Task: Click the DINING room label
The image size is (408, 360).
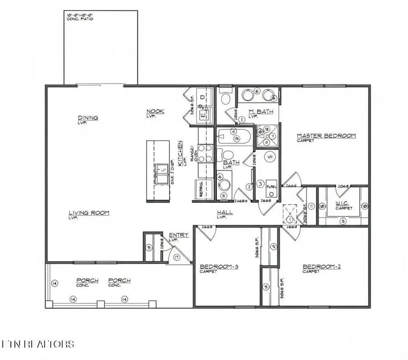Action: click(88, 118)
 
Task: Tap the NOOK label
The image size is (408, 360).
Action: click(155, 112)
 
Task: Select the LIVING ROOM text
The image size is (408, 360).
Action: click(89, 213)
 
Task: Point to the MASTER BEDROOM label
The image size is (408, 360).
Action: click(326, 136)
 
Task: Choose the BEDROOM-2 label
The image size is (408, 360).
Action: click(321, 267)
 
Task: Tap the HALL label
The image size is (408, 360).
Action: click(224, 212)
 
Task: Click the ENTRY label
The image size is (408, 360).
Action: click(179, 235)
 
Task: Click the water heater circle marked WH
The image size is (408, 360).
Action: click(269, 157)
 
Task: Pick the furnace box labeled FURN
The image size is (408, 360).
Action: click(271, 187)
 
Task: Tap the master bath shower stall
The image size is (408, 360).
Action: click(267, 136)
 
